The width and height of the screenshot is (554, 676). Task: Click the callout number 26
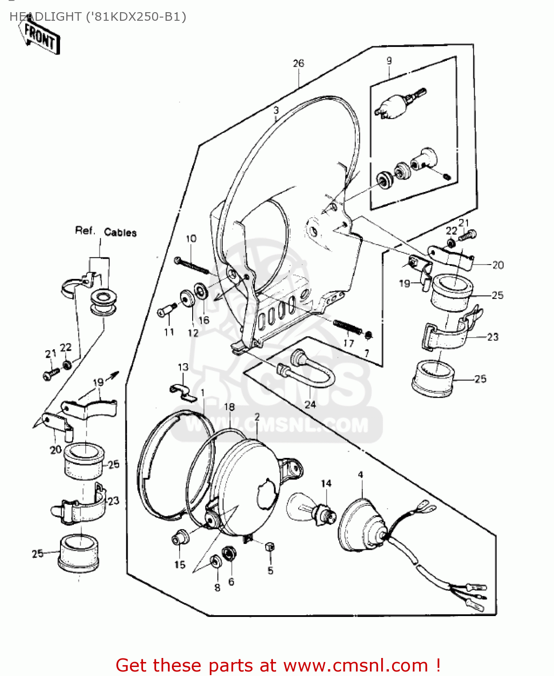coord(298,64)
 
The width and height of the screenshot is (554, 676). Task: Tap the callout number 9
coord(389,61)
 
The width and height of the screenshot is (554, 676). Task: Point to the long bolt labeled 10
coord(192,265)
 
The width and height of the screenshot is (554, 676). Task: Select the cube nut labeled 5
coord(270,547)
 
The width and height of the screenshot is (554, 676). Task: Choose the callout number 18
coord(229,407)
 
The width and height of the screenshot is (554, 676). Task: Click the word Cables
coord(120,233)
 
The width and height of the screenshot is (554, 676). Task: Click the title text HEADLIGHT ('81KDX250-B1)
coord(97,17)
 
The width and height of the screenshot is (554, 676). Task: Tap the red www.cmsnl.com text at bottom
coord(355,665)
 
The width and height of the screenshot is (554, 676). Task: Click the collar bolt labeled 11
coord(166,311)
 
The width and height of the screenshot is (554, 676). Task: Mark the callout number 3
coord(276,110)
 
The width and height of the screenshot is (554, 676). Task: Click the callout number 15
coord(180,564)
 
